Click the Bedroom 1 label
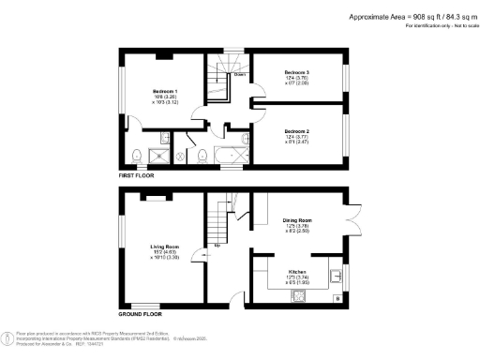[165, 92]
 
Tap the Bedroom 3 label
[299, 71]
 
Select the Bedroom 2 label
[297, 131]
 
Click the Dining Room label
[297, 221]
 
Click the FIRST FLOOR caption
[136, 174]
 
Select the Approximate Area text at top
[410, 16]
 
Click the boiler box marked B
[337, 299]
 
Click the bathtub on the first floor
[230, 155]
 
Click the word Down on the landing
[240, 74]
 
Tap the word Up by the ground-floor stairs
[218, 247]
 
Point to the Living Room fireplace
[152, 197]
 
